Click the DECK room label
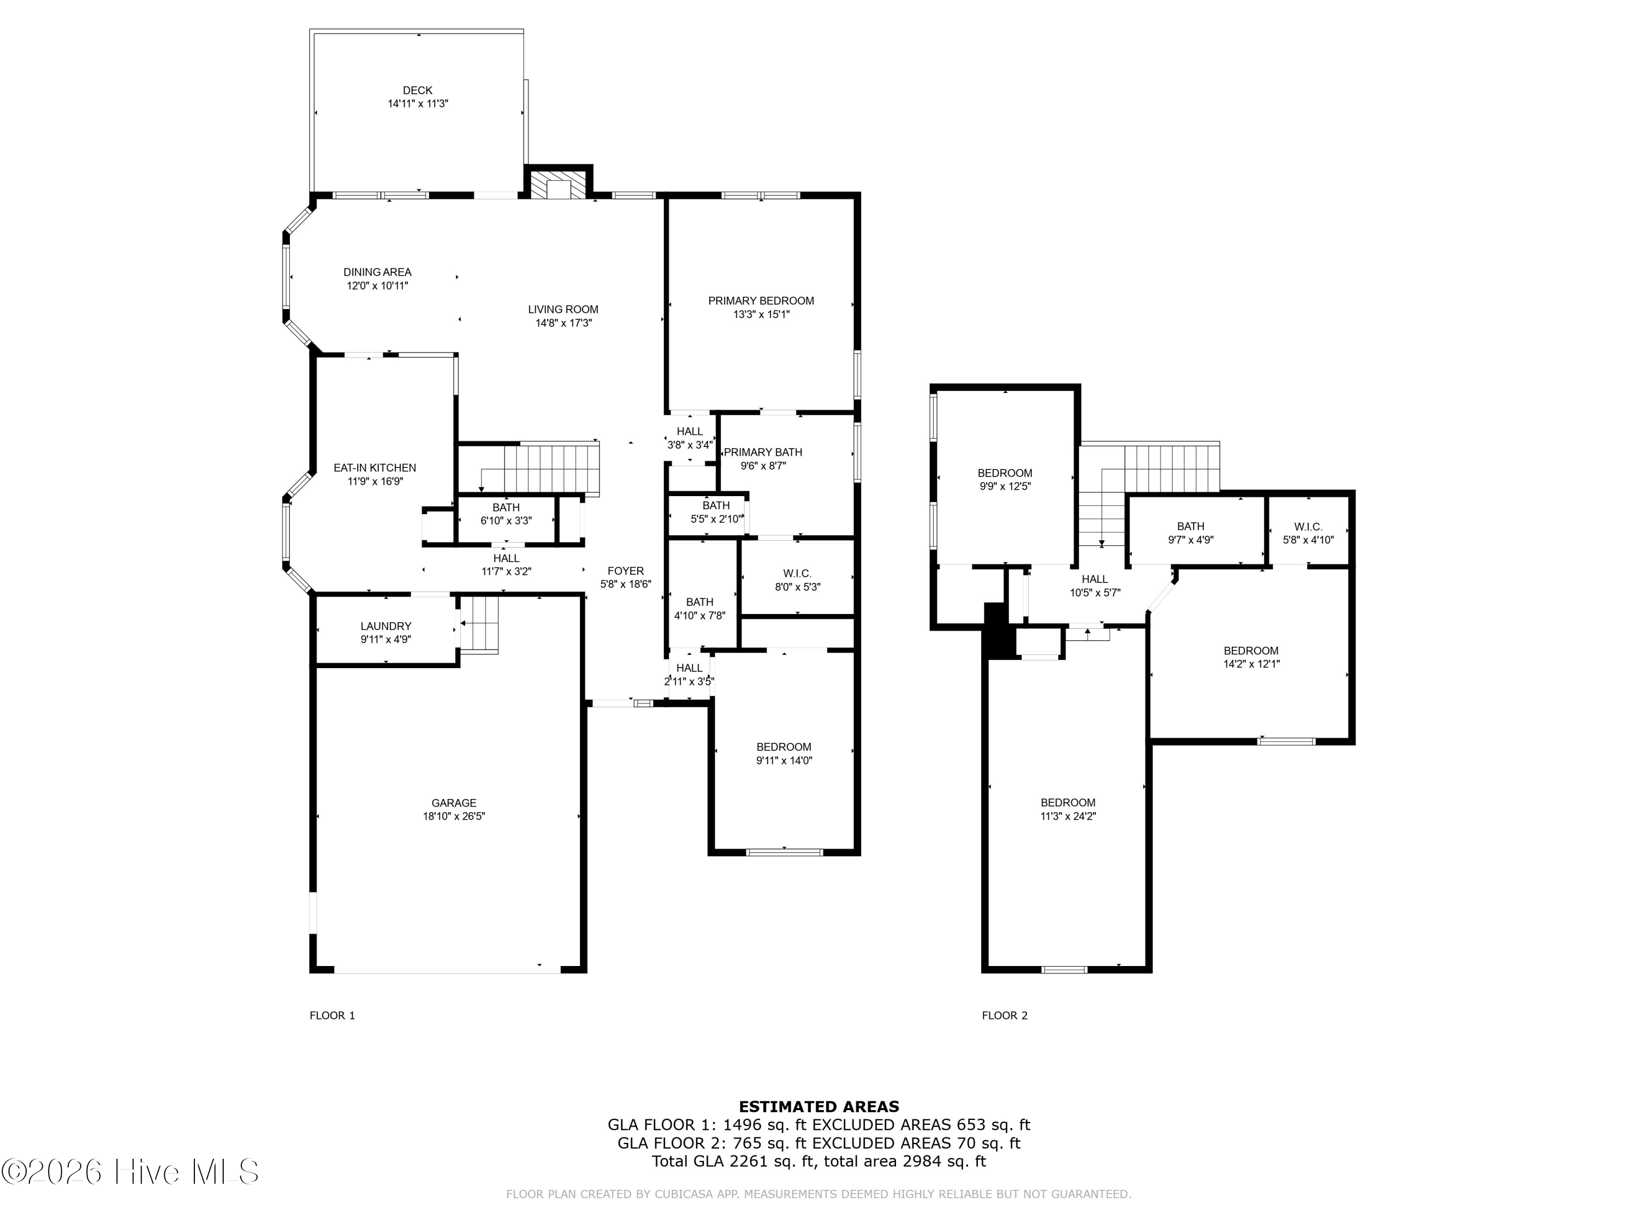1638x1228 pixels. click(418, 90)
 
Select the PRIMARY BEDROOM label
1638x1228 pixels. click(761, 301)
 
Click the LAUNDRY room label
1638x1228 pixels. click(386, 626)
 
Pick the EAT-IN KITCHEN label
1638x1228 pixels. click(375, 468)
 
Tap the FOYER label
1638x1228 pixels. click(626, 571)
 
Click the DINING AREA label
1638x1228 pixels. click(377, 272)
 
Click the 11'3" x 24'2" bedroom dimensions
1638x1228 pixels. click(1068, 816)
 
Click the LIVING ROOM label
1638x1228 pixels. click(563, 309)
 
